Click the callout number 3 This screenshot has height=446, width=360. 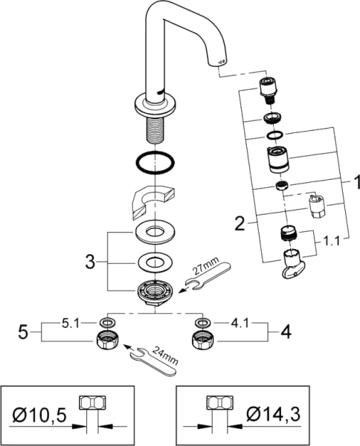tap(90, 262)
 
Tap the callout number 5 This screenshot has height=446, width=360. tap(23, 332)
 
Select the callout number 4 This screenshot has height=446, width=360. tap(286, 332)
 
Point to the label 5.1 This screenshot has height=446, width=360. tap(71, 323)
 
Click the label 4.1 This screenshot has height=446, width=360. tap(240, 323)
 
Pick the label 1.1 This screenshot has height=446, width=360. tap(331, 242)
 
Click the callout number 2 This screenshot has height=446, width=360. tap(240, 224)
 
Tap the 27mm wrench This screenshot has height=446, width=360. tap(208, 274)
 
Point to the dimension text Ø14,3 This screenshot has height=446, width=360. tap(274, 415)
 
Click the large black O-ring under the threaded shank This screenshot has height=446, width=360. tap(155, 153)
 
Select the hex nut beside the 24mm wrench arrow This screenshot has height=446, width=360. tap(107, 340)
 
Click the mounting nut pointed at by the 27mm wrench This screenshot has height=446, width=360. tap(155, 292)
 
